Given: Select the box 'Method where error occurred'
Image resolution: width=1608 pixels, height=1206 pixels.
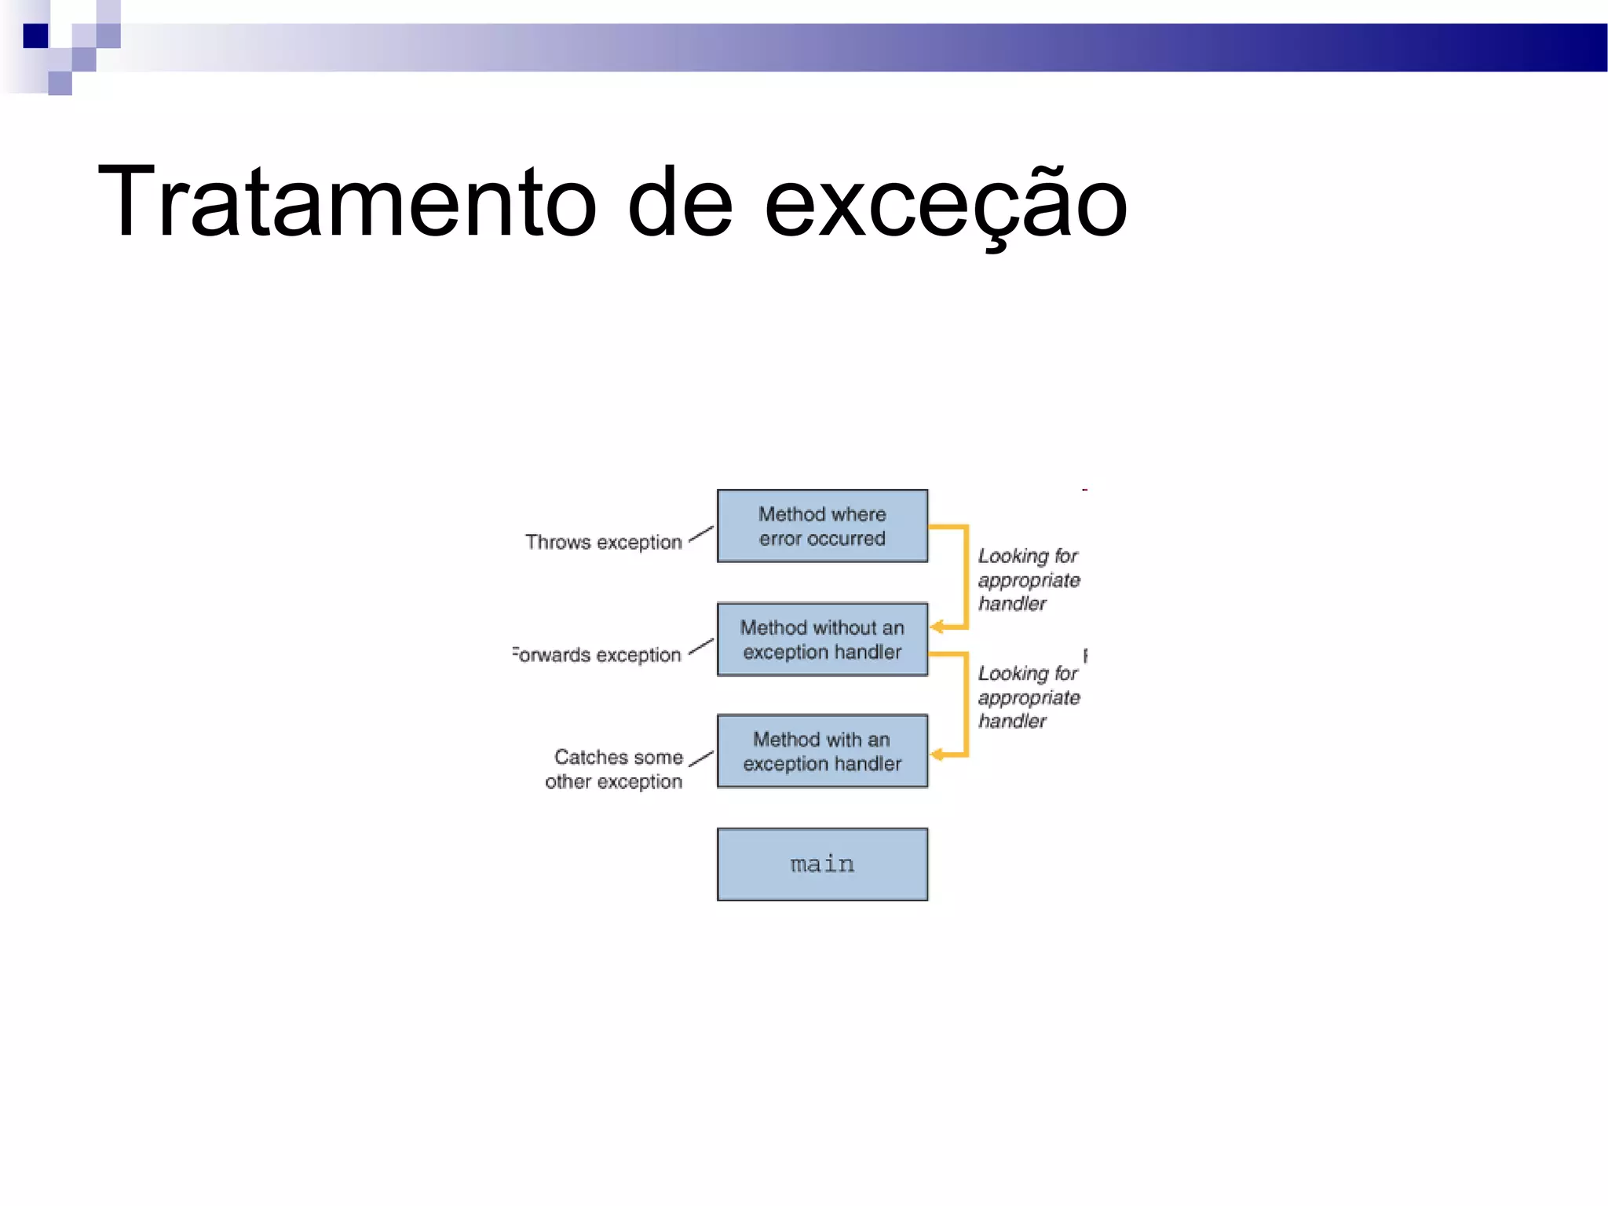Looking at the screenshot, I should pos(822,525).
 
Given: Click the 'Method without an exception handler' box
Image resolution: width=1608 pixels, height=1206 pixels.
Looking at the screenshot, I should pos(822,639).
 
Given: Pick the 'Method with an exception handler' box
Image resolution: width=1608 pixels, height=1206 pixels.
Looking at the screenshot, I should pos(822,751).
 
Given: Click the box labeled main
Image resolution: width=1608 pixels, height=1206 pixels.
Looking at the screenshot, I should pos(822,864).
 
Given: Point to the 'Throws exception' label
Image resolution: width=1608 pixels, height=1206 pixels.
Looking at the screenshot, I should pos(603,542).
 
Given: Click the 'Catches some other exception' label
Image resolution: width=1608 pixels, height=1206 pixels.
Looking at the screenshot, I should pos(615,769).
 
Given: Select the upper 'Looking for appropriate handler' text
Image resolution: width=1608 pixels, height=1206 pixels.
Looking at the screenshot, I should pos(1028,579).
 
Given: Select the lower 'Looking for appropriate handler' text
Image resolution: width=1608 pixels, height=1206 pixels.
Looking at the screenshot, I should pos(1028,696).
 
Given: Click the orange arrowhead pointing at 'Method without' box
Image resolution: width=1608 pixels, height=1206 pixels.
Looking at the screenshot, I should pos(937,627).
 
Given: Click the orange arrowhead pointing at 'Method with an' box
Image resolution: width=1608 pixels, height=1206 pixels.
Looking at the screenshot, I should pos(937,755).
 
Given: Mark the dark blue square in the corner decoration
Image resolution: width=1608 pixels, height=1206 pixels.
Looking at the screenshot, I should pos(35,36).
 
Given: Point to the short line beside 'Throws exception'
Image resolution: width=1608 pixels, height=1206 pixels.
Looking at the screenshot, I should pos(700,534).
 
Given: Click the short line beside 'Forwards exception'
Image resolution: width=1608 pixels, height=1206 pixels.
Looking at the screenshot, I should pos(700,647).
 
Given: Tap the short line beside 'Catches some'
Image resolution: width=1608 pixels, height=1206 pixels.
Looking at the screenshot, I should pos(700,759).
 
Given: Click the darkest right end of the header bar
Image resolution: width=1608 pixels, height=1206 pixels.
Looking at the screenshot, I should pos(1586,47).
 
